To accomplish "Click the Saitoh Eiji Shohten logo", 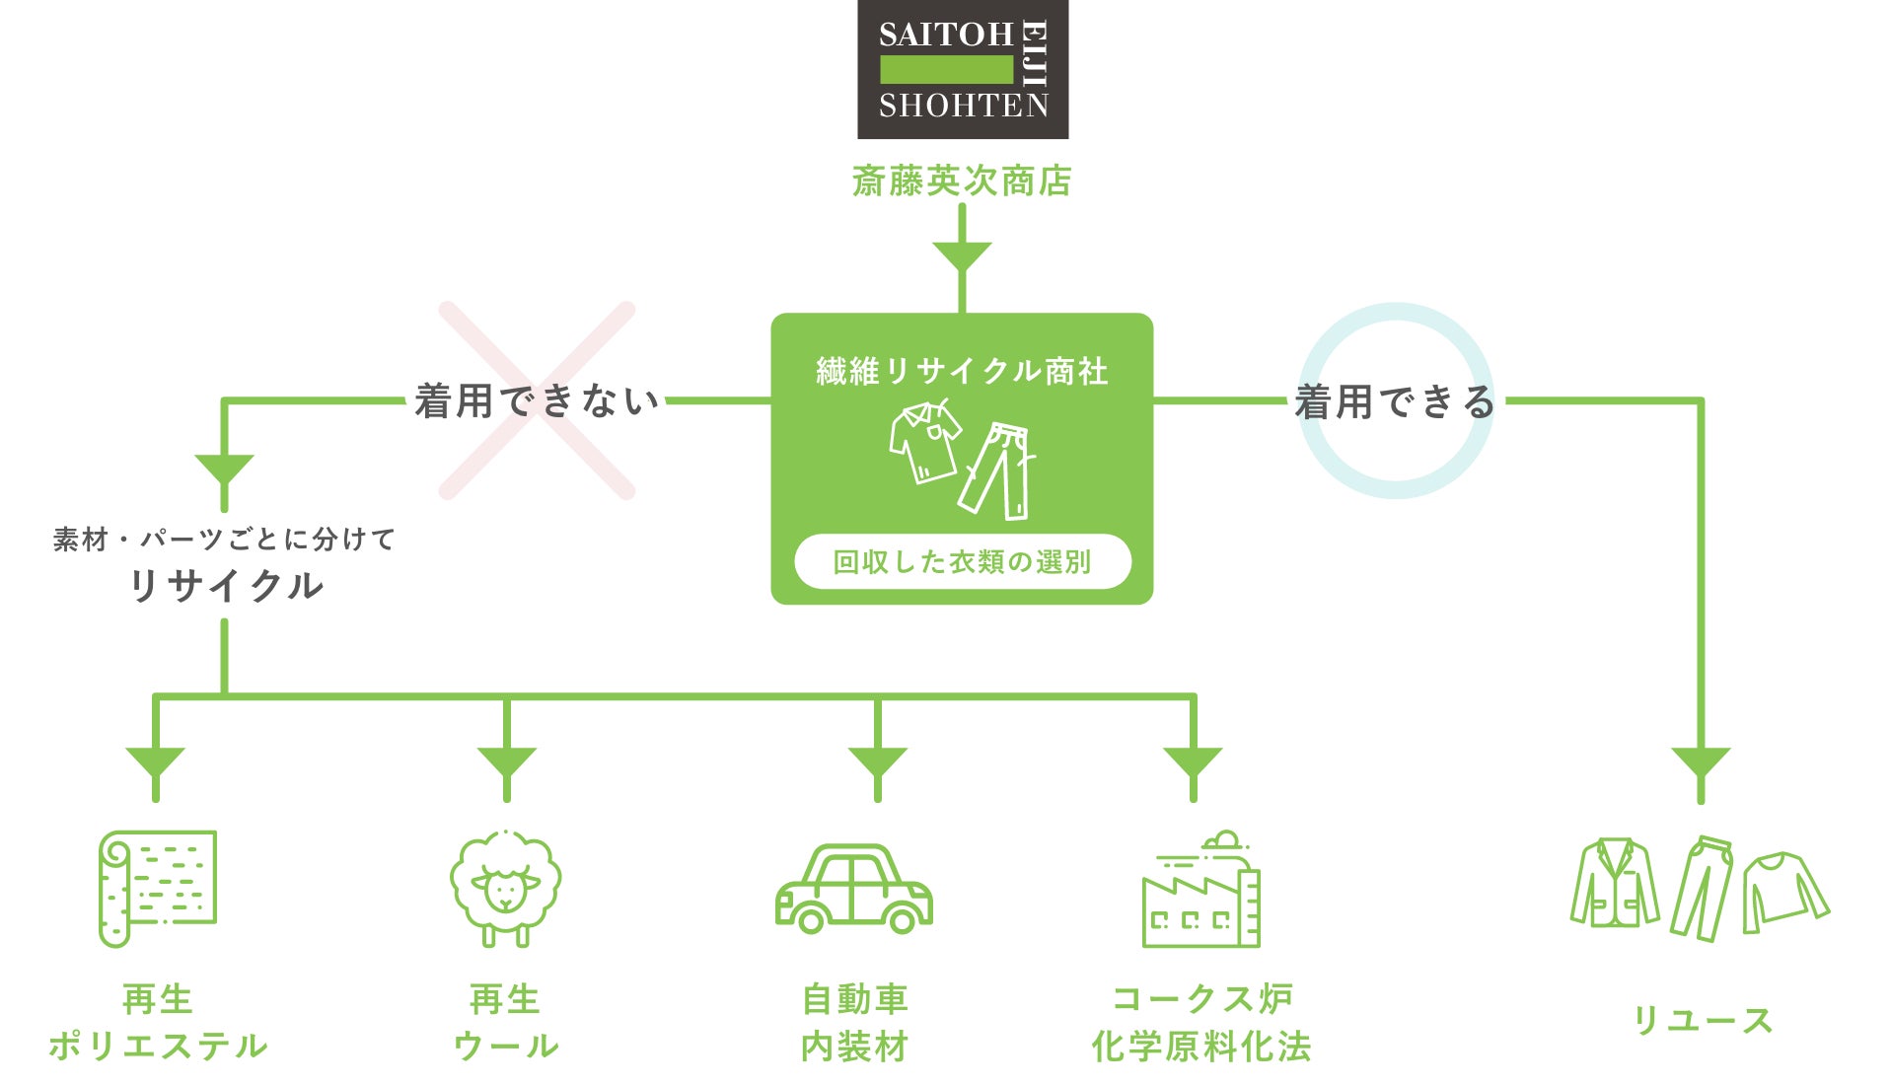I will pos(962,69).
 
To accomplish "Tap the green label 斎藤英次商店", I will pos(962,181).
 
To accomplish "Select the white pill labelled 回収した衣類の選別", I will pos(962,561).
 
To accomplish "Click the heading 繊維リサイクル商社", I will pos(962,371).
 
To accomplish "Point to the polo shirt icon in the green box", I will pos(924,441).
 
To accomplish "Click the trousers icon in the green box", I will pos(999,470).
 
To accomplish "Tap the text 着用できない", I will pos(537,401).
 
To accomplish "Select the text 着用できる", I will pos(1395,401).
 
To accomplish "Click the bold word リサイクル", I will pos(226,586).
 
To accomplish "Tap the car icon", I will pos(853,890).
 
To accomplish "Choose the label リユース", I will pos(1703,1020).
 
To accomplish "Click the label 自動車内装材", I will pos(854,1022).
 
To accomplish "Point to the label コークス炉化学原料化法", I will pos(1201,1022).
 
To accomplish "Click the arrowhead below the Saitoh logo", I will pos(962,256).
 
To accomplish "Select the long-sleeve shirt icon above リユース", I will pos(1783,891).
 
